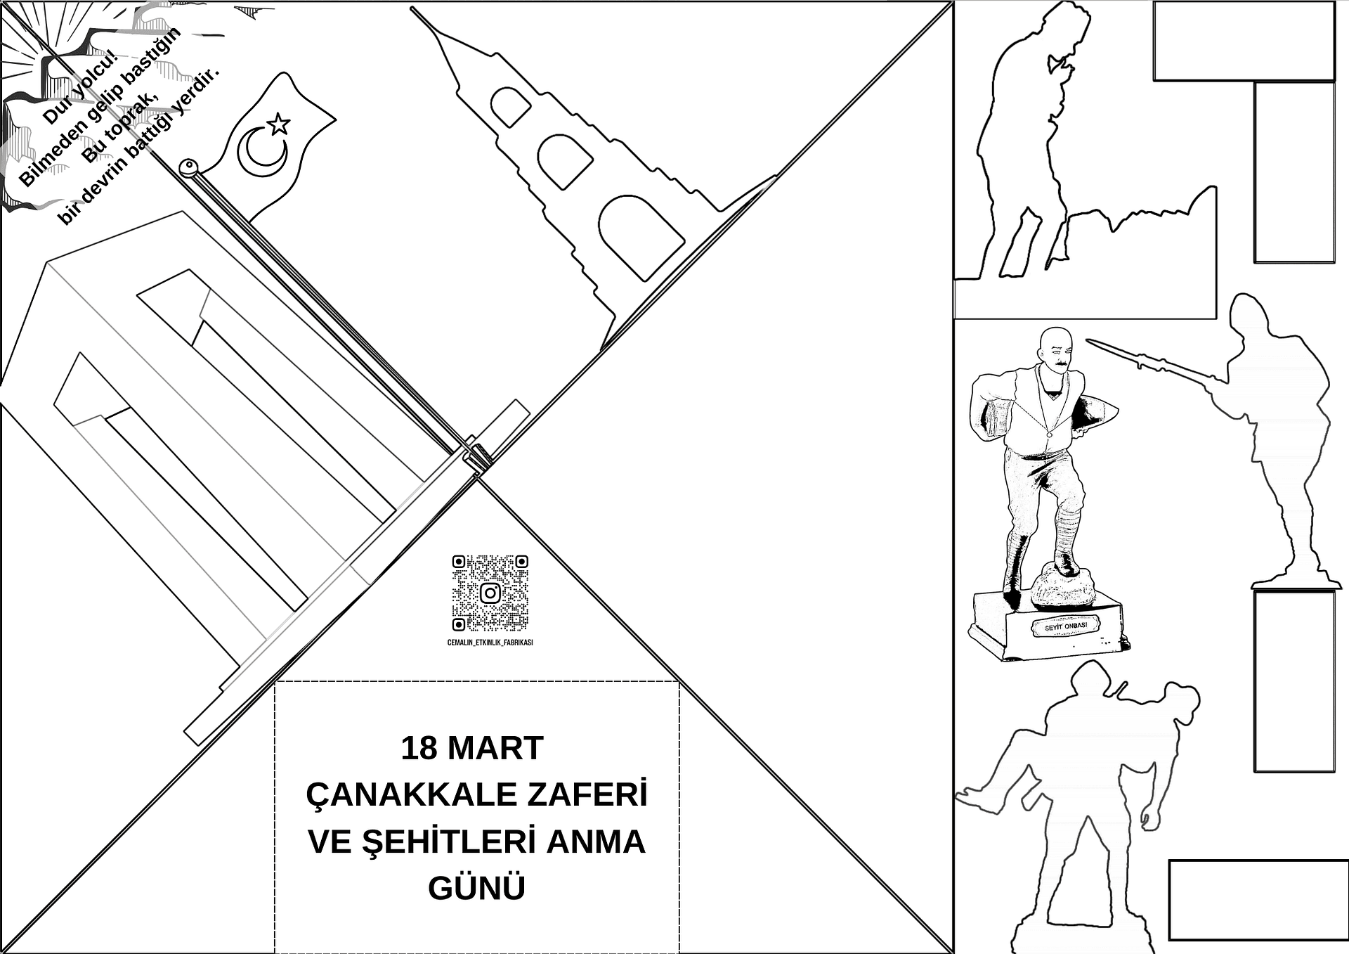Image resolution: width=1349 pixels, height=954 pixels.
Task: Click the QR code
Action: (490, 593)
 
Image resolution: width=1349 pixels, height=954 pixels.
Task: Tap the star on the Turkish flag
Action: (278, 124)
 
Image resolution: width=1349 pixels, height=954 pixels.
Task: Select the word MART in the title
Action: (495, 748)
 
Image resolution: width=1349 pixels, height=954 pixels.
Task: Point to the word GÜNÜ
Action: (476, 887)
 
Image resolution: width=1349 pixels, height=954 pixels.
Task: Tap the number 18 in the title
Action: (419, 748)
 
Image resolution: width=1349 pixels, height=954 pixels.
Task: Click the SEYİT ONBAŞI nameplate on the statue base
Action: (1066, 626)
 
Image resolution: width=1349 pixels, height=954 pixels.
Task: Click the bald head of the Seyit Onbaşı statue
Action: (1054, 343)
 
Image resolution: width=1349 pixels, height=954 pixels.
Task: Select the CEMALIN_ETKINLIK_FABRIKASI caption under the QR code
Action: (490, 643)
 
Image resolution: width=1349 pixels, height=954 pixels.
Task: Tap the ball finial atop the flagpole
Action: (188, 167)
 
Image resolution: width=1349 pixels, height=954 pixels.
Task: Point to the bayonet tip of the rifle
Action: (1089, 341)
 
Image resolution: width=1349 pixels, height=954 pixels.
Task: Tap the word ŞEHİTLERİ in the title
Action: (450, 842)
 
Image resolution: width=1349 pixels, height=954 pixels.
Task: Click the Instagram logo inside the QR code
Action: (490, 593)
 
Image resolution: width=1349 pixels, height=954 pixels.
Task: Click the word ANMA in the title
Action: (595, 842)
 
